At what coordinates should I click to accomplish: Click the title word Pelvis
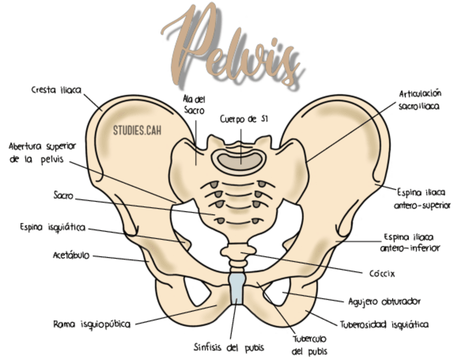coord(233,46)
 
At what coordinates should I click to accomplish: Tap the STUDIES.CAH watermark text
coord(137,130)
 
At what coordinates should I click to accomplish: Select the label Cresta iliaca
coord(56,90)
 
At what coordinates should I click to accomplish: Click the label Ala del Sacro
coord(194,105)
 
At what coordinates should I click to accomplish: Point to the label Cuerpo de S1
coord(244,119)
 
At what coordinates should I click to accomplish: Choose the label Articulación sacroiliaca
coord(419,100)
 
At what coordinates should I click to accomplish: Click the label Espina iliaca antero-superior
coord(422,199)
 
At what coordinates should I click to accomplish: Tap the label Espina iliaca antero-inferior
coord(410,243)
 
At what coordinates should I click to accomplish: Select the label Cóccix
coord(382,273)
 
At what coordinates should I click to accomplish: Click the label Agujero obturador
coord(384,302)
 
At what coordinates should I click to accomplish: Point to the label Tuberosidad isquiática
coord(384,325)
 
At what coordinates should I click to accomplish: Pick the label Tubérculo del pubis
coord(309,345)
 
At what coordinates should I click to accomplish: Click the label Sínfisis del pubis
coord(229,347)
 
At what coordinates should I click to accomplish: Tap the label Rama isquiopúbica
coord(92,324)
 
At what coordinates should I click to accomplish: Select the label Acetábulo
coord(71,255)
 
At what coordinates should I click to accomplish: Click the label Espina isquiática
coord(53,228)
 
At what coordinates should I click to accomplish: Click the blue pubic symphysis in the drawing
coord(237,289)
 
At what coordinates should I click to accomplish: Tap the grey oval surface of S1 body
coord(240,161)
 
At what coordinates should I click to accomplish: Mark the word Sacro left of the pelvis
coord(63,195)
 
